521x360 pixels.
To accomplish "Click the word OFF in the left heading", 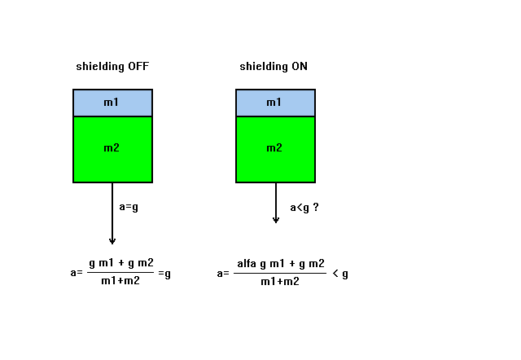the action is coord(138,66).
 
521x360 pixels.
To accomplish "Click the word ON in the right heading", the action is coord(300,66).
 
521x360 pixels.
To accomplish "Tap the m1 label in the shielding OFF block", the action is coord(111,102).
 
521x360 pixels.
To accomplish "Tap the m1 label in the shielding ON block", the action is coord(274,102).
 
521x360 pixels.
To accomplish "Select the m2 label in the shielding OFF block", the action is coord(112,147).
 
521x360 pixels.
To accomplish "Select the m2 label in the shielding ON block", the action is coord(274,147).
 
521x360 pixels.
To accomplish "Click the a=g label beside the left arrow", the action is coord(129,207).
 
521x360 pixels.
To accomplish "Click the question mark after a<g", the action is coord(316,207).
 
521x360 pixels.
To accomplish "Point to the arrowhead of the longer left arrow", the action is coord(112,242).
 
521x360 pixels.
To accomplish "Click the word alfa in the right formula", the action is coord(247,264).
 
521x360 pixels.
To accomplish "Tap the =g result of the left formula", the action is coord(164,274).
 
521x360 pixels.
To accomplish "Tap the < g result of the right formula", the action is coord(340,274).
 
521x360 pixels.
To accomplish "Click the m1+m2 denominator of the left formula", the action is coord(120,281).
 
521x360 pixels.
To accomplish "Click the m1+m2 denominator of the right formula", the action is coord(280,282).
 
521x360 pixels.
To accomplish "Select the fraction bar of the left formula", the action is coord(120,273).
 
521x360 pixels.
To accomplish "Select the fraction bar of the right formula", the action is coord(280,273).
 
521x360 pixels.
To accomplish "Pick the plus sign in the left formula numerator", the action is coord(121,263).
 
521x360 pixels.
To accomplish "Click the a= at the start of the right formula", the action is coord(223,274).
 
